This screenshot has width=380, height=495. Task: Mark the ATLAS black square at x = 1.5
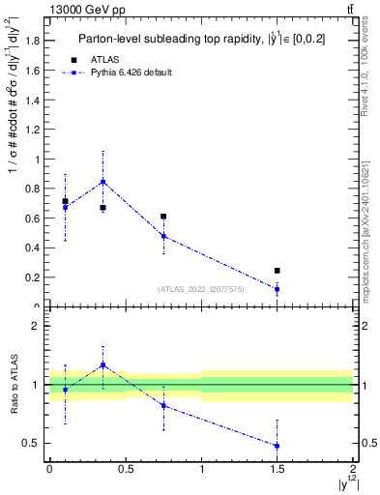(278, 271)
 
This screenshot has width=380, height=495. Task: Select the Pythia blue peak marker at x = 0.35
(102, 182)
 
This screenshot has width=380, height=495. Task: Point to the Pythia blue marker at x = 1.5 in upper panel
(278, 289)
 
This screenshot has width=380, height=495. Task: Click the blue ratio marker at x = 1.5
(278, 446)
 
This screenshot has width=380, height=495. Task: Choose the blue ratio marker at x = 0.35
(102, 364)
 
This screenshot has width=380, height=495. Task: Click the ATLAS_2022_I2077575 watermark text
(199, 288)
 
